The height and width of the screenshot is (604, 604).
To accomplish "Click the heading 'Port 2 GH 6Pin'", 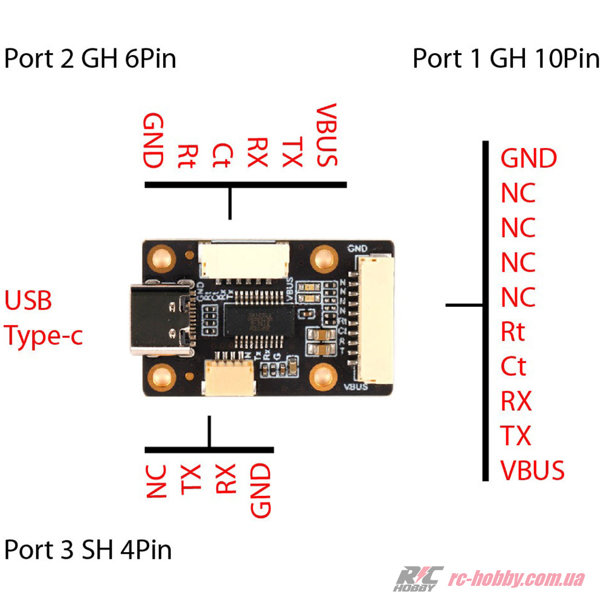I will (x=90, y=59).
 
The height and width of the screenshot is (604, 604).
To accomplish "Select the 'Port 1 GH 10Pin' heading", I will (x=506, y=59).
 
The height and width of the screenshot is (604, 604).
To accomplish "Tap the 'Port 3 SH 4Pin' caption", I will (x=88, y=550).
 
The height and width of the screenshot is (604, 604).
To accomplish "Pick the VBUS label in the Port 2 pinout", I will (x=327, y=135).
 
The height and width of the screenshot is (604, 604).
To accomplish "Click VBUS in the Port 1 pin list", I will (x=532, y=470).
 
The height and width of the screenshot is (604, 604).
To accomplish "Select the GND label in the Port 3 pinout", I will (x=260, y=490).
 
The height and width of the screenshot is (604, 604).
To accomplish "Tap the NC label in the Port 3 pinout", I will (x=156, y=481).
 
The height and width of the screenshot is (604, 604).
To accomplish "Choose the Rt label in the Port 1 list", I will (x=513, y=332).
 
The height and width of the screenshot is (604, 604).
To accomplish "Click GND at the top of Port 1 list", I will (x=528, y=159).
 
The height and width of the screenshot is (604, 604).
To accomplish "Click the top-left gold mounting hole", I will (x=161, y=259).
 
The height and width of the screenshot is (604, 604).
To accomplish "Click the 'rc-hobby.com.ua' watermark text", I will (x=516, y=579).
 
